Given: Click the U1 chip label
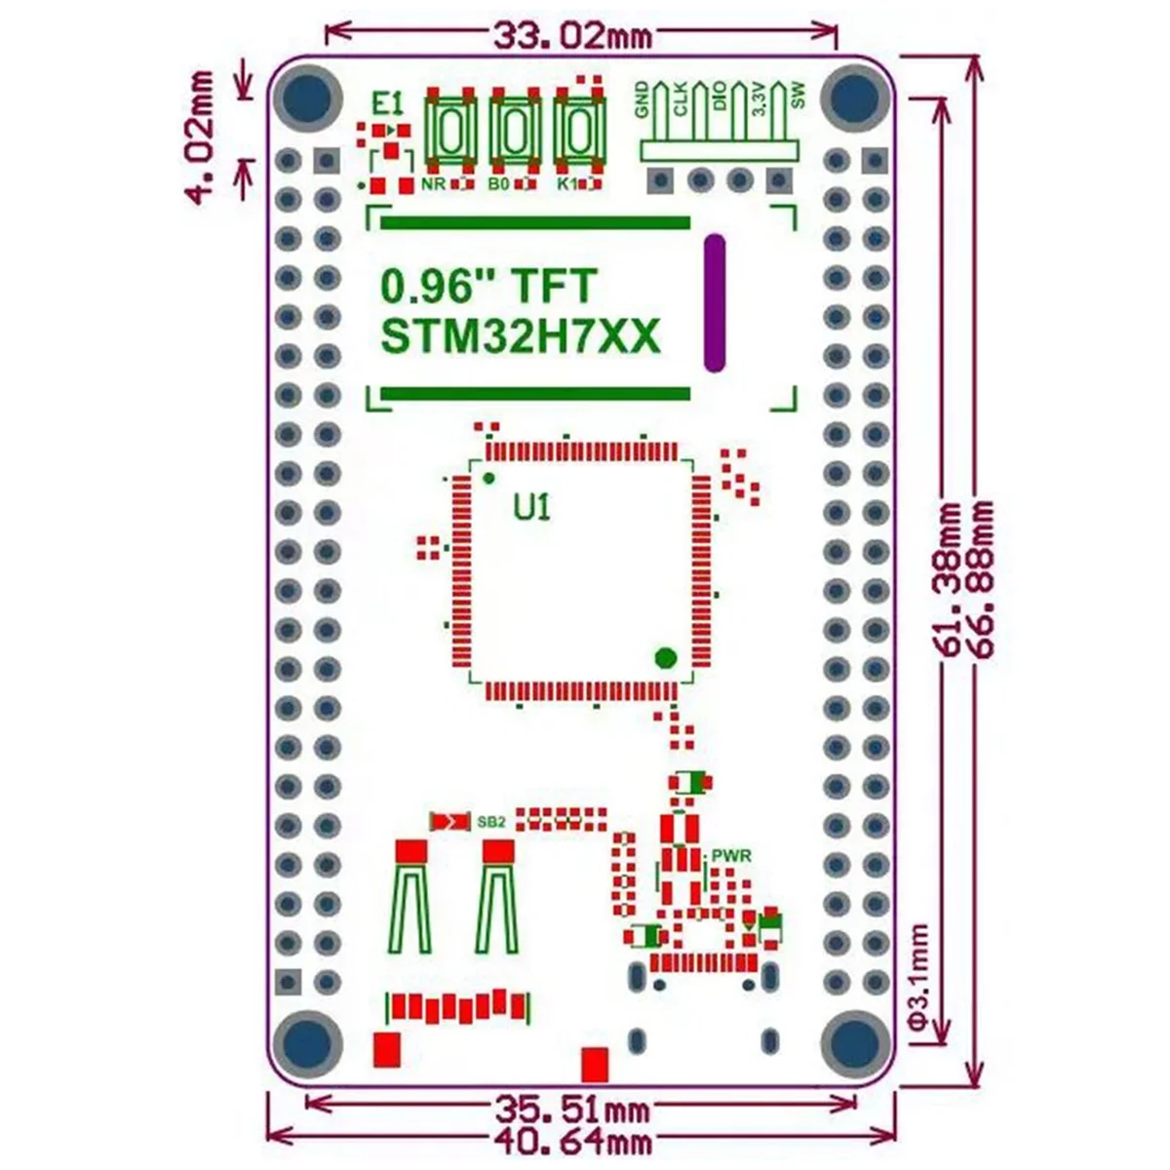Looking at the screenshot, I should pyautogui.click(x=532, y=507).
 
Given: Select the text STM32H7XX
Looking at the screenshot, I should pyautogui.click(x=521, y=337).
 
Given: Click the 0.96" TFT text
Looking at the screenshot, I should pyautogui.click(x=487, y=287).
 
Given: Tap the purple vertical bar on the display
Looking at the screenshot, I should pyautogui.click(x=715, y=303).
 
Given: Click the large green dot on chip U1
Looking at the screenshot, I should pyautogui.click(x=666, y=656).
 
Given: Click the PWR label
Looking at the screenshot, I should pyautogui.click(x=731, y=856).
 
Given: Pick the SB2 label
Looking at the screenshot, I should pyautogui.click(x=491, y=822).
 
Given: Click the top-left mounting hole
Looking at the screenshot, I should pyautogui.click(x=307, y=97).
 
